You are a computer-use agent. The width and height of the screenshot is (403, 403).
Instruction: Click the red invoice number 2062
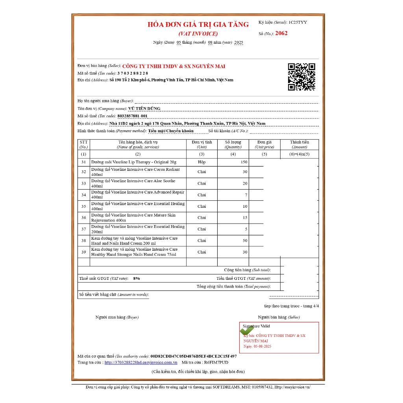[281, 33]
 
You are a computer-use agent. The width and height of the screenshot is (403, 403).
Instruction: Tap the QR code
[301, 77]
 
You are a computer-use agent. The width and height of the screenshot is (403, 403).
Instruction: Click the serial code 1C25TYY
[298, 22]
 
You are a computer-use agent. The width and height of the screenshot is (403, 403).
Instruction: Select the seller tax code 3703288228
[133, 73]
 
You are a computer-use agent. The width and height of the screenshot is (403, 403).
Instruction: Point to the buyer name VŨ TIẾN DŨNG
[144, 109]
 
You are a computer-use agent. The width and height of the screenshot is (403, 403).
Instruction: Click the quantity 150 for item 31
[244, 162]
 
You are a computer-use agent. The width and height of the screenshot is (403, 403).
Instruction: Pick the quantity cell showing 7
[246, 195]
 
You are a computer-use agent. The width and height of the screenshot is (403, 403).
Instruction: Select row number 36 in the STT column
[83, 218]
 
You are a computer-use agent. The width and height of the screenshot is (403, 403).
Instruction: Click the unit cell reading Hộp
[201, 162]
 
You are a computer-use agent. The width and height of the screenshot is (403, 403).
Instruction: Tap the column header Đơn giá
[264, 142]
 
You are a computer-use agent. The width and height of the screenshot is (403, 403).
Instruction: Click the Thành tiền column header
[299, 142]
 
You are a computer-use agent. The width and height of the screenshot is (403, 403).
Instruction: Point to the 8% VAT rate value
[137, 278]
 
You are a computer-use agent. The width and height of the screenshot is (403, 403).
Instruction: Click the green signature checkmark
[246, 331]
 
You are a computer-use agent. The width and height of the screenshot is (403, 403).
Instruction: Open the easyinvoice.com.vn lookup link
[140, 362]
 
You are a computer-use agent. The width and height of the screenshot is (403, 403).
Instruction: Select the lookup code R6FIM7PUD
[216, 362]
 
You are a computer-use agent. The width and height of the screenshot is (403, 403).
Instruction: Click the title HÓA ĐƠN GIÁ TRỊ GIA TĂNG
[198, 24]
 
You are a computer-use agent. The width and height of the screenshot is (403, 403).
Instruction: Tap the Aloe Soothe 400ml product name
[133, 183]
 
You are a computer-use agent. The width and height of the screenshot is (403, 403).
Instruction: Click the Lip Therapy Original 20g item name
[133, 162]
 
